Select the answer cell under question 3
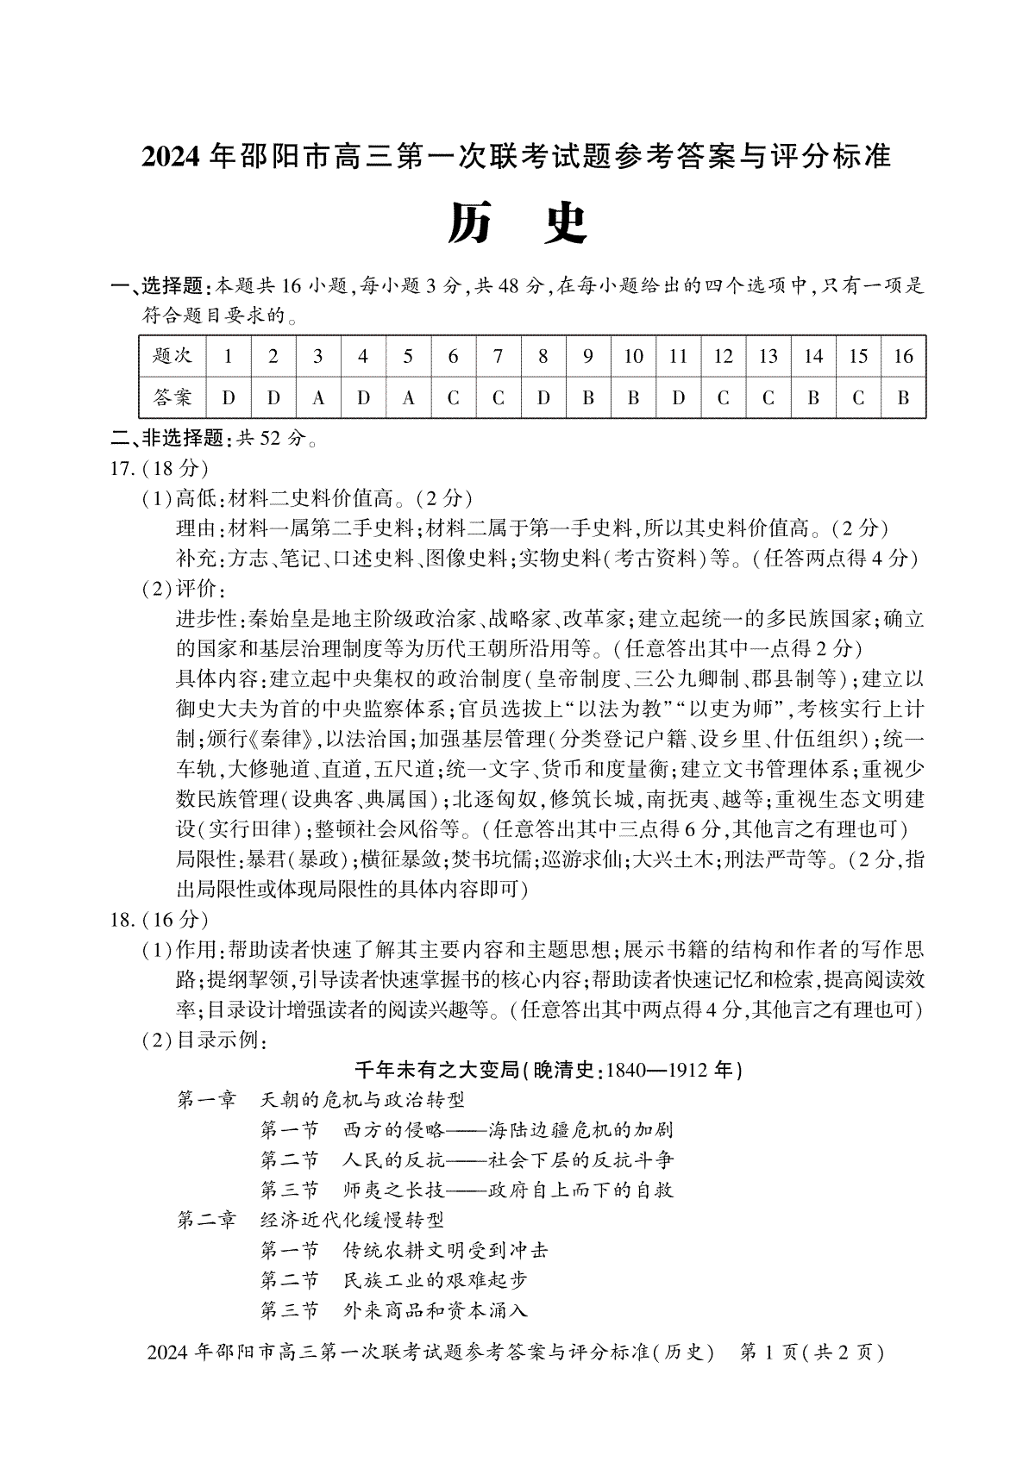[x=318, y=398]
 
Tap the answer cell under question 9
[x=588, y=398]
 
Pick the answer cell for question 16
[x=903, y=398]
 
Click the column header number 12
[x=723, y=356]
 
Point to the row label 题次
[x=172, y=356]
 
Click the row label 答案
[x=172, y=398]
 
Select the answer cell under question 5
[x=408, y=398]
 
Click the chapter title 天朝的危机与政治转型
[x=362, y=1100]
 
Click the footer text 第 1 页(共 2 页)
[x=812, y=1352]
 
